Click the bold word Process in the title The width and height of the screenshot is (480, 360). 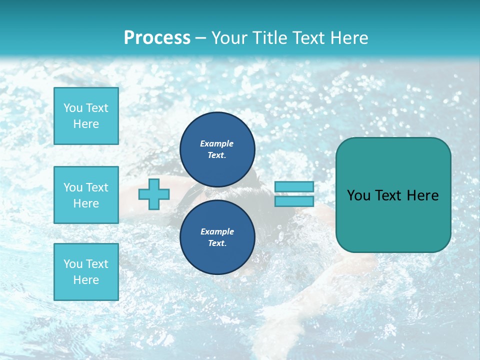(157, 37)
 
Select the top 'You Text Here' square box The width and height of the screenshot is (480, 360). (86, 116)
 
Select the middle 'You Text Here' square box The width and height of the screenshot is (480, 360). (86, 195)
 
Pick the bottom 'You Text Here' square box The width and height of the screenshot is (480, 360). (86, 271)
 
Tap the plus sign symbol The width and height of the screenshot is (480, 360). (154, 194)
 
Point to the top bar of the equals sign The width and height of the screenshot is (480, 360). (294, 186)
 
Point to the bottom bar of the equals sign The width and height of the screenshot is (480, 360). (294, 201)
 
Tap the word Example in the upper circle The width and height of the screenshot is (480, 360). (217, 143)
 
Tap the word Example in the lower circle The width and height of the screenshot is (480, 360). (217, 231)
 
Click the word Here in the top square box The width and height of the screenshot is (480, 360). (86, 124)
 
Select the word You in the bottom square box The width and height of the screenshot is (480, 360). (73, 263)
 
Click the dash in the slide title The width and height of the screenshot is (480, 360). (201, 38)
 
